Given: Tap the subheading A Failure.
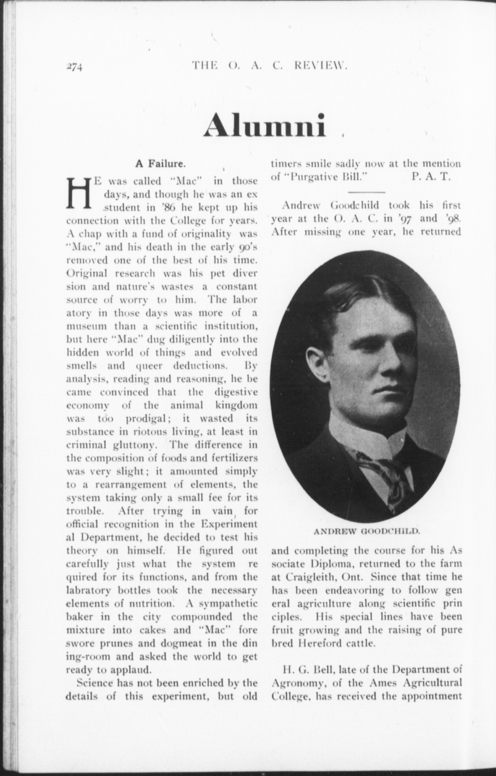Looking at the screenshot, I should tap(161, 164).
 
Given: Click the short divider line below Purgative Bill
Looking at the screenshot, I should tap(367, 192).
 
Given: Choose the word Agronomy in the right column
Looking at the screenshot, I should tap(296, 683).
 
